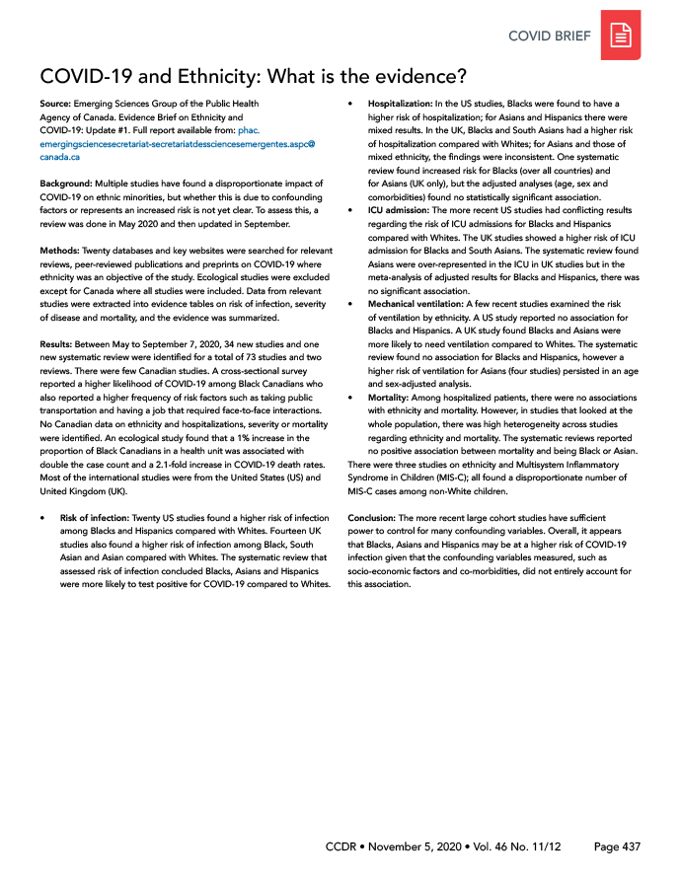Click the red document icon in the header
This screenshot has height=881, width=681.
(621, 37)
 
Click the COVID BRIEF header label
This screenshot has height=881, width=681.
(550, 37)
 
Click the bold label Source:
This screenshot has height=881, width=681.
(56, 103)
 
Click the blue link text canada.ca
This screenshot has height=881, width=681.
(60, 157)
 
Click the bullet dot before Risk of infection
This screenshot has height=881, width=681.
(43, 517)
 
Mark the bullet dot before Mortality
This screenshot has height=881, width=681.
(352, 397)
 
